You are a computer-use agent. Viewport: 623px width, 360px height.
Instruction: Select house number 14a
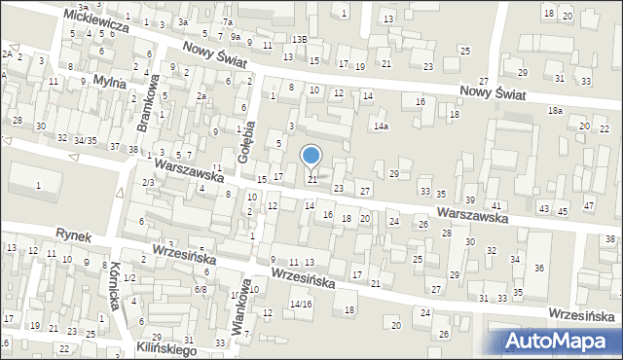point(381,126)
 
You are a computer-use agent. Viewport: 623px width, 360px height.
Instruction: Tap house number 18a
point(555,111)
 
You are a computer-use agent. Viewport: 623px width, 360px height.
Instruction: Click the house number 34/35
point(86,141)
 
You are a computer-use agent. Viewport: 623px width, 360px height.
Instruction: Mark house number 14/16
point(301,305)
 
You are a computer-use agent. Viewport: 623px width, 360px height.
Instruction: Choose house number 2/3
point(148,182)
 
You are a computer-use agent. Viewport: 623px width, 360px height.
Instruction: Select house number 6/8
point(201,289)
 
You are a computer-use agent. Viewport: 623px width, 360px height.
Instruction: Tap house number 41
point(496,205)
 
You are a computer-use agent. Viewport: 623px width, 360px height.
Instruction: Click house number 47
point(588,205)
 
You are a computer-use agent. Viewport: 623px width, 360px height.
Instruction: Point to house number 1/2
point(129,278)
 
